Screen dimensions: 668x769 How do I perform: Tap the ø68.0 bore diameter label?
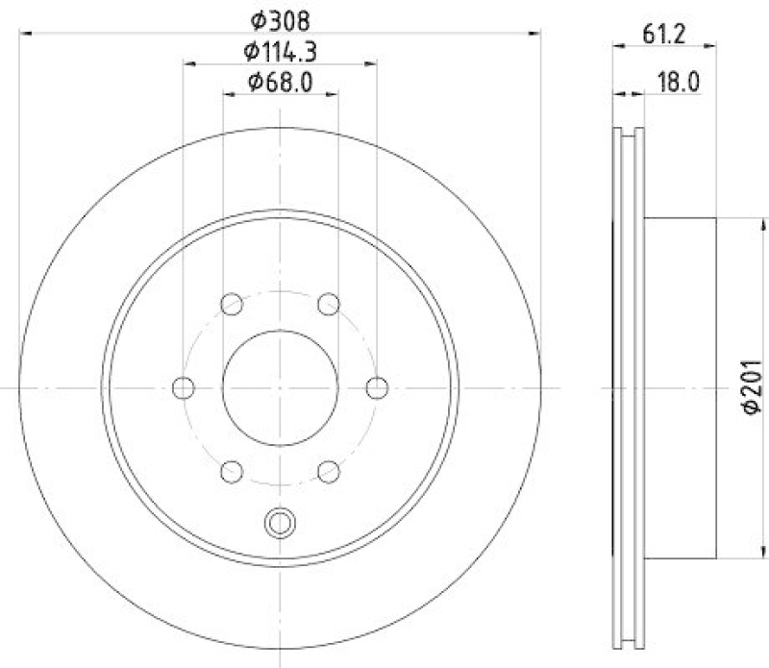(280, 82)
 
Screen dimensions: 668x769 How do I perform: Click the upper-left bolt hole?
(232, 305)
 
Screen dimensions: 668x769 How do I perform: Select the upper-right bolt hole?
(329, 305)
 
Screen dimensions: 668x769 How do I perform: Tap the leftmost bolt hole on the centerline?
(184, 387)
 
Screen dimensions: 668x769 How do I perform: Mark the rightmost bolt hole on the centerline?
(377, 387)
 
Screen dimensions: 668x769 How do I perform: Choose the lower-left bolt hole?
(232, 471)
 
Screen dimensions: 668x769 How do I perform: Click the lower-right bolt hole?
(329, 471)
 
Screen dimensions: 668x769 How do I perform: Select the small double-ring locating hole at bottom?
(280, 523)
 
